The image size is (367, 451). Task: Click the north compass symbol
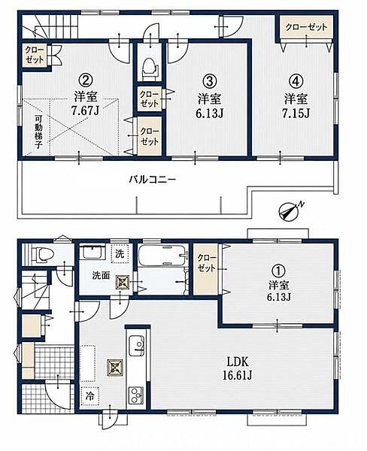[290, 212]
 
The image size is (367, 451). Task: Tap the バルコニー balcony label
[152, 180]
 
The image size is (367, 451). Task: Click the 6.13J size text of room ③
[210, 114]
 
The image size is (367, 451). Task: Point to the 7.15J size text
[296, 114]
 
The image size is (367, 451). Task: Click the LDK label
[238, 361]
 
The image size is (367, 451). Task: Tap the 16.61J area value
[238, 375]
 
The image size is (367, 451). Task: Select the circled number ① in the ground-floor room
[278, 271]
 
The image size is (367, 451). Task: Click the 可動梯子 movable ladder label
[38, 132]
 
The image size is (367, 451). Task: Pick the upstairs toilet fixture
[150, 68]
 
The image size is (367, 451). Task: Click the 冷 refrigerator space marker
[90, 396]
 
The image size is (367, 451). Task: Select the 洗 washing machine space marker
[120, 253]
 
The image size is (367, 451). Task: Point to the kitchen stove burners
[136, 395]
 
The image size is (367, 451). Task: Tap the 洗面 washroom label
[101, 276]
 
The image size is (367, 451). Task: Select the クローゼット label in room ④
[306, 27]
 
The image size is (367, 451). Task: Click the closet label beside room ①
[206, 263]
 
